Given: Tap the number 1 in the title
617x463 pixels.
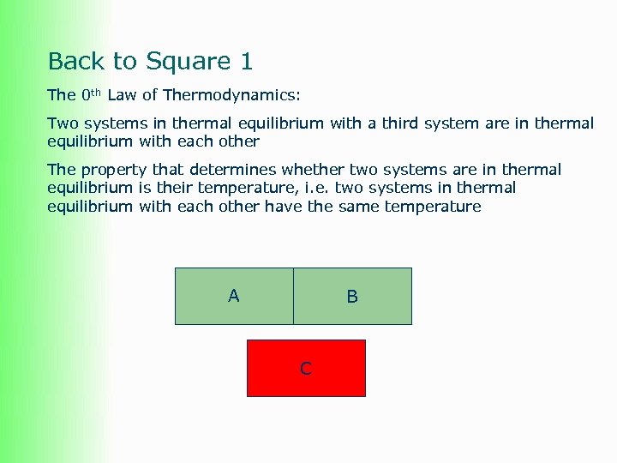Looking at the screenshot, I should (247, 62).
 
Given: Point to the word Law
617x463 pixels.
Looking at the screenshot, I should (122, 95).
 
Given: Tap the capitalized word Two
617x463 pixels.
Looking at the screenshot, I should (62, 123).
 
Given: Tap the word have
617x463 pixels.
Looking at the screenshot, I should (283, 207).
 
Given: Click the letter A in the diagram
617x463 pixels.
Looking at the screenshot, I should (234, 296).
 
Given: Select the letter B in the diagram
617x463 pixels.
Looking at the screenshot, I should (352, 297).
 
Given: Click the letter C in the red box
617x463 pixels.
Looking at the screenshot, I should (306, 369).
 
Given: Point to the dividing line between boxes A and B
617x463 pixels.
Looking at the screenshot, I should (293, 296).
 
